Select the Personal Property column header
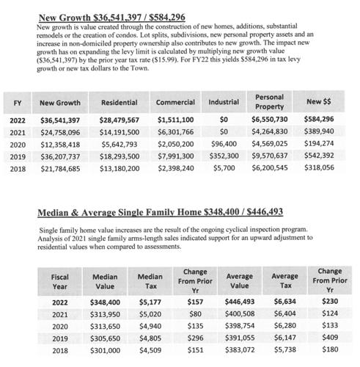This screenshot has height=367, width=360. (270, 102)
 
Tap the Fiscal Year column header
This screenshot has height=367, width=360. (60, 282)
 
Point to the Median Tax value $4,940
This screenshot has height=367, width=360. (149, 327)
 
